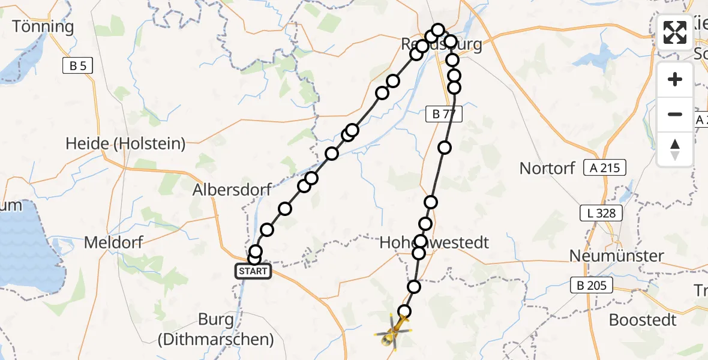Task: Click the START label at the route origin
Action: pyautogui.click(x=253, y=272)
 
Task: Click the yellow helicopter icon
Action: pyautogui.click(x=394, y=332)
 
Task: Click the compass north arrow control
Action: pyautogui.click(x=675, y=149)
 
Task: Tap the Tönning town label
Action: pyautogui.click(x=43, y=26)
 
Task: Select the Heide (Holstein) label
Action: pyautogui.click(x=125, y=144)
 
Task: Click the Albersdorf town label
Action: pyautogui.click(x=232, y=190)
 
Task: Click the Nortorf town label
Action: pyautogui.click(x=547, y=168)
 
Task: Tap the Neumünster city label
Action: pyautogui.click(x=617, y=256)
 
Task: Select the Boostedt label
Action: pyautogui.click(x=643, y=320)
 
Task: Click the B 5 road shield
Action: pyautogui.click(x=77, y=66)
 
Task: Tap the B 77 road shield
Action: pyautogui.click(x=444, y=114)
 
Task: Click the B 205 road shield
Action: pyautogui.click(x=591, y=286)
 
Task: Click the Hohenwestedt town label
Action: pyautogui.click(x=434, y=242)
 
